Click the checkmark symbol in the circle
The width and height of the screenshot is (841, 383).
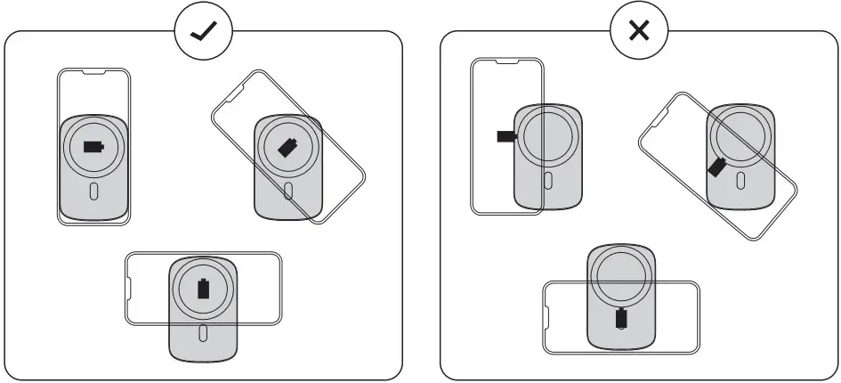point(203,32)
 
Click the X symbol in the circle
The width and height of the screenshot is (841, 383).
point(638,32)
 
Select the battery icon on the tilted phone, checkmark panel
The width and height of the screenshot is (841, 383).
point(287,148)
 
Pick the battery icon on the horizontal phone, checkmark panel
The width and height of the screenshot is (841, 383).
point(204,289)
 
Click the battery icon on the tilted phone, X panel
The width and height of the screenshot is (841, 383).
point(716,166)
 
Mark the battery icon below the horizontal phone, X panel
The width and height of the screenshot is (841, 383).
point(620,318)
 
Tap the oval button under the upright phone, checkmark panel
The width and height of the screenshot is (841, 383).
point(93,191)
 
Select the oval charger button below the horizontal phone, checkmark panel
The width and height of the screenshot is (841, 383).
point(204,332)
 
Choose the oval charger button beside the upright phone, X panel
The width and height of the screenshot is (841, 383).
point(546,180)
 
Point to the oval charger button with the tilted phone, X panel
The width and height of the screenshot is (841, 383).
point(740,180)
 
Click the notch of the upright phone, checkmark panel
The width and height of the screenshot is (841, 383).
point(93,70)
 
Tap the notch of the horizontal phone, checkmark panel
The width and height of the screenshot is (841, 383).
point(130,289)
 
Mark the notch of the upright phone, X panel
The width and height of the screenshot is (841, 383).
point(506,61)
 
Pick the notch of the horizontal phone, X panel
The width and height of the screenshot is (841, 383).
point(548,317)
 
